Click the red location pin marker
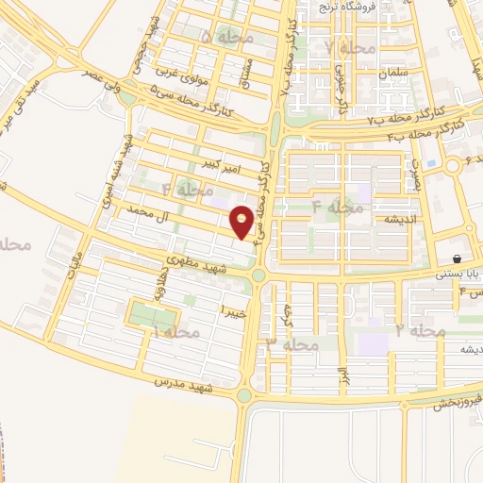[x=242, y=222]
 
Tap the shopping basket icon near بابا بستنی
[x=458, y=259]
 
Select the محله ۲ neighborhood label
[x=420, y=331]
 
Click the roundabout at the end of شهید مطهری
[x=258, y=274]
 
